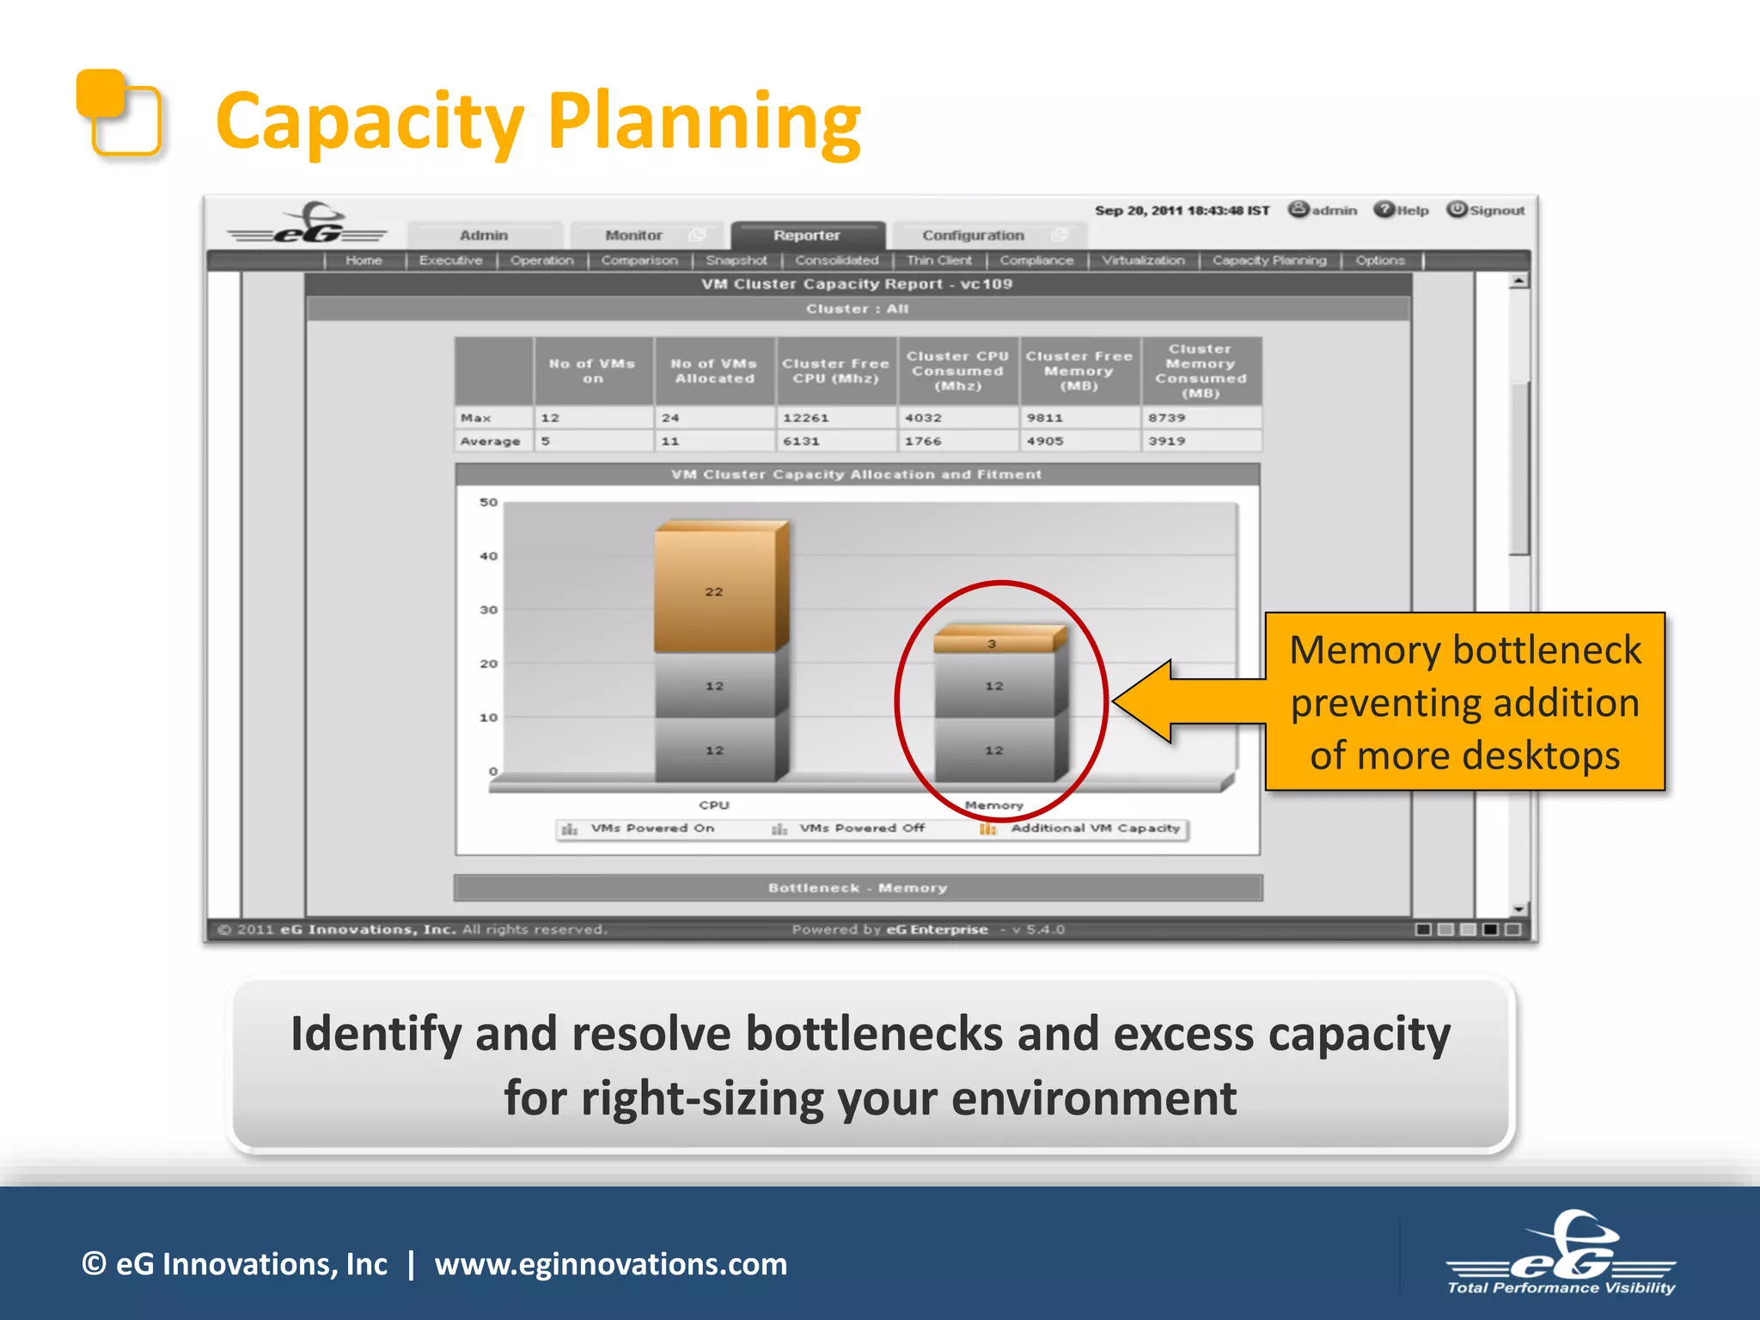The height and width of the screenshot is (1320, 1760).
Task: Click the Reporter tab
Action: (806, 235)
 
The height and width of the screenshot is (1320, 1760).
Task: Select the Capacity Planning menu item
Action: (1268, 260)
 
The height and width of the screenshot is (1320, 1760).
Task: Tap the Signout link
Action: (1486, 211)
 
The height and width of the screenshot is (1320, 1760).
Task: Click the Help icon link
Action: (1402, 211)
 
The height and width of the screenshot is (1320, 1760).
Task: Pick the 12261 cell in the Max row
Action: (805, 418)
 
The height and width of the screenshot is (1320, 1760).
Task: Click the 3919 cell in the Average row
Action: (1167, 441)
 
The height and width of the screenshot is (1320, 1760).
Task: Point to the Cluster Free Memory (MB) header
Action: (1079, 370)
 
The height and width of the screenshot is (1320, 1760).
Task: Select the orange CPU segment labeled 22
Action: (714, 591)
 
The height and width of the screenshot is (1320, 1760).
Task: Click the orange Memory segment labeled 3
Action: (993, 643)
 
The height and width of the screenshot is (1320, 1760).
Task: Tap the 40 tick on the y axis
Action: (488, 556)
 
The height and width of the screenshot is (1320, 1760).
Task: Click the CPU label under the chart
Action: (713, 805)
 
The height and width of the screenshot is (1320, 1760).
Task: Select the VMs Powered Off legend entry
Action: (861, 828)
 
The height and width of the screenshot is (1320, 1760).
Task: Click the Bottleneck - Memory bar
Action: (858, 888)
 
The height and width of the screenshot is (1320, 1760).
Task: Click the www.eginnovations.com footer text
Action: (610, 1264)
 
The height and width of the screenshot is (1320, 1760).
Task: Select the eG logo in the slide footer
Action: (1561, 1253)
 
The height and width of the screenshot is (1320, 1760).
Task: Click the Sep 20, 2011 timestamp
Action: (1181, 211)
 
